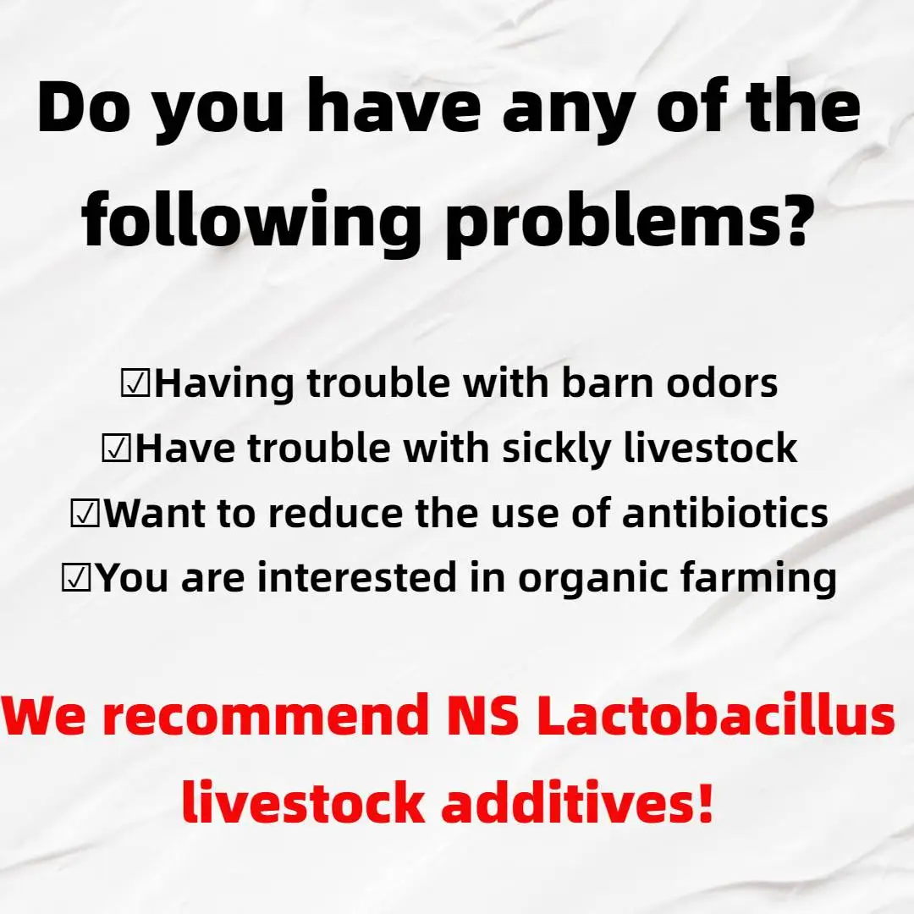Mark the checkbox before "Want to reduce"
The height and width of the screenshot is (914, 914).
[x=85, y=514]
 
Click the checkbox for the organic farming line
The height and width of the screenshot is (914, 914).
[x=77, y=578]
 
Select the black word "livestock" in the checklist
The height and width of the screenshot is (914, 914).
[x=711, y=448]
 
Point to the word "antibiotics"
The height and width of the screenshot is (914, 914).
[x=725, y=513]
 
